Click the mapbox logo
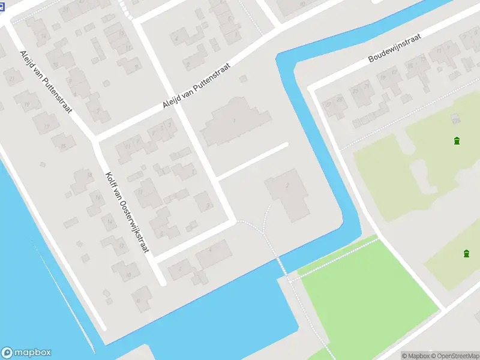(26, 353)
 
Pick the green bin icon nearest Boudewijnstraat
(457, 141)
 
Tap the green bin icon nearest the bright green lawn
(466, 254)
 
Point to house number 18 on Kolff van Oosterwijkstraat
(128, 273)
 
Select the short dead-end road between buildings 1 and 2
(252, 161)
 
